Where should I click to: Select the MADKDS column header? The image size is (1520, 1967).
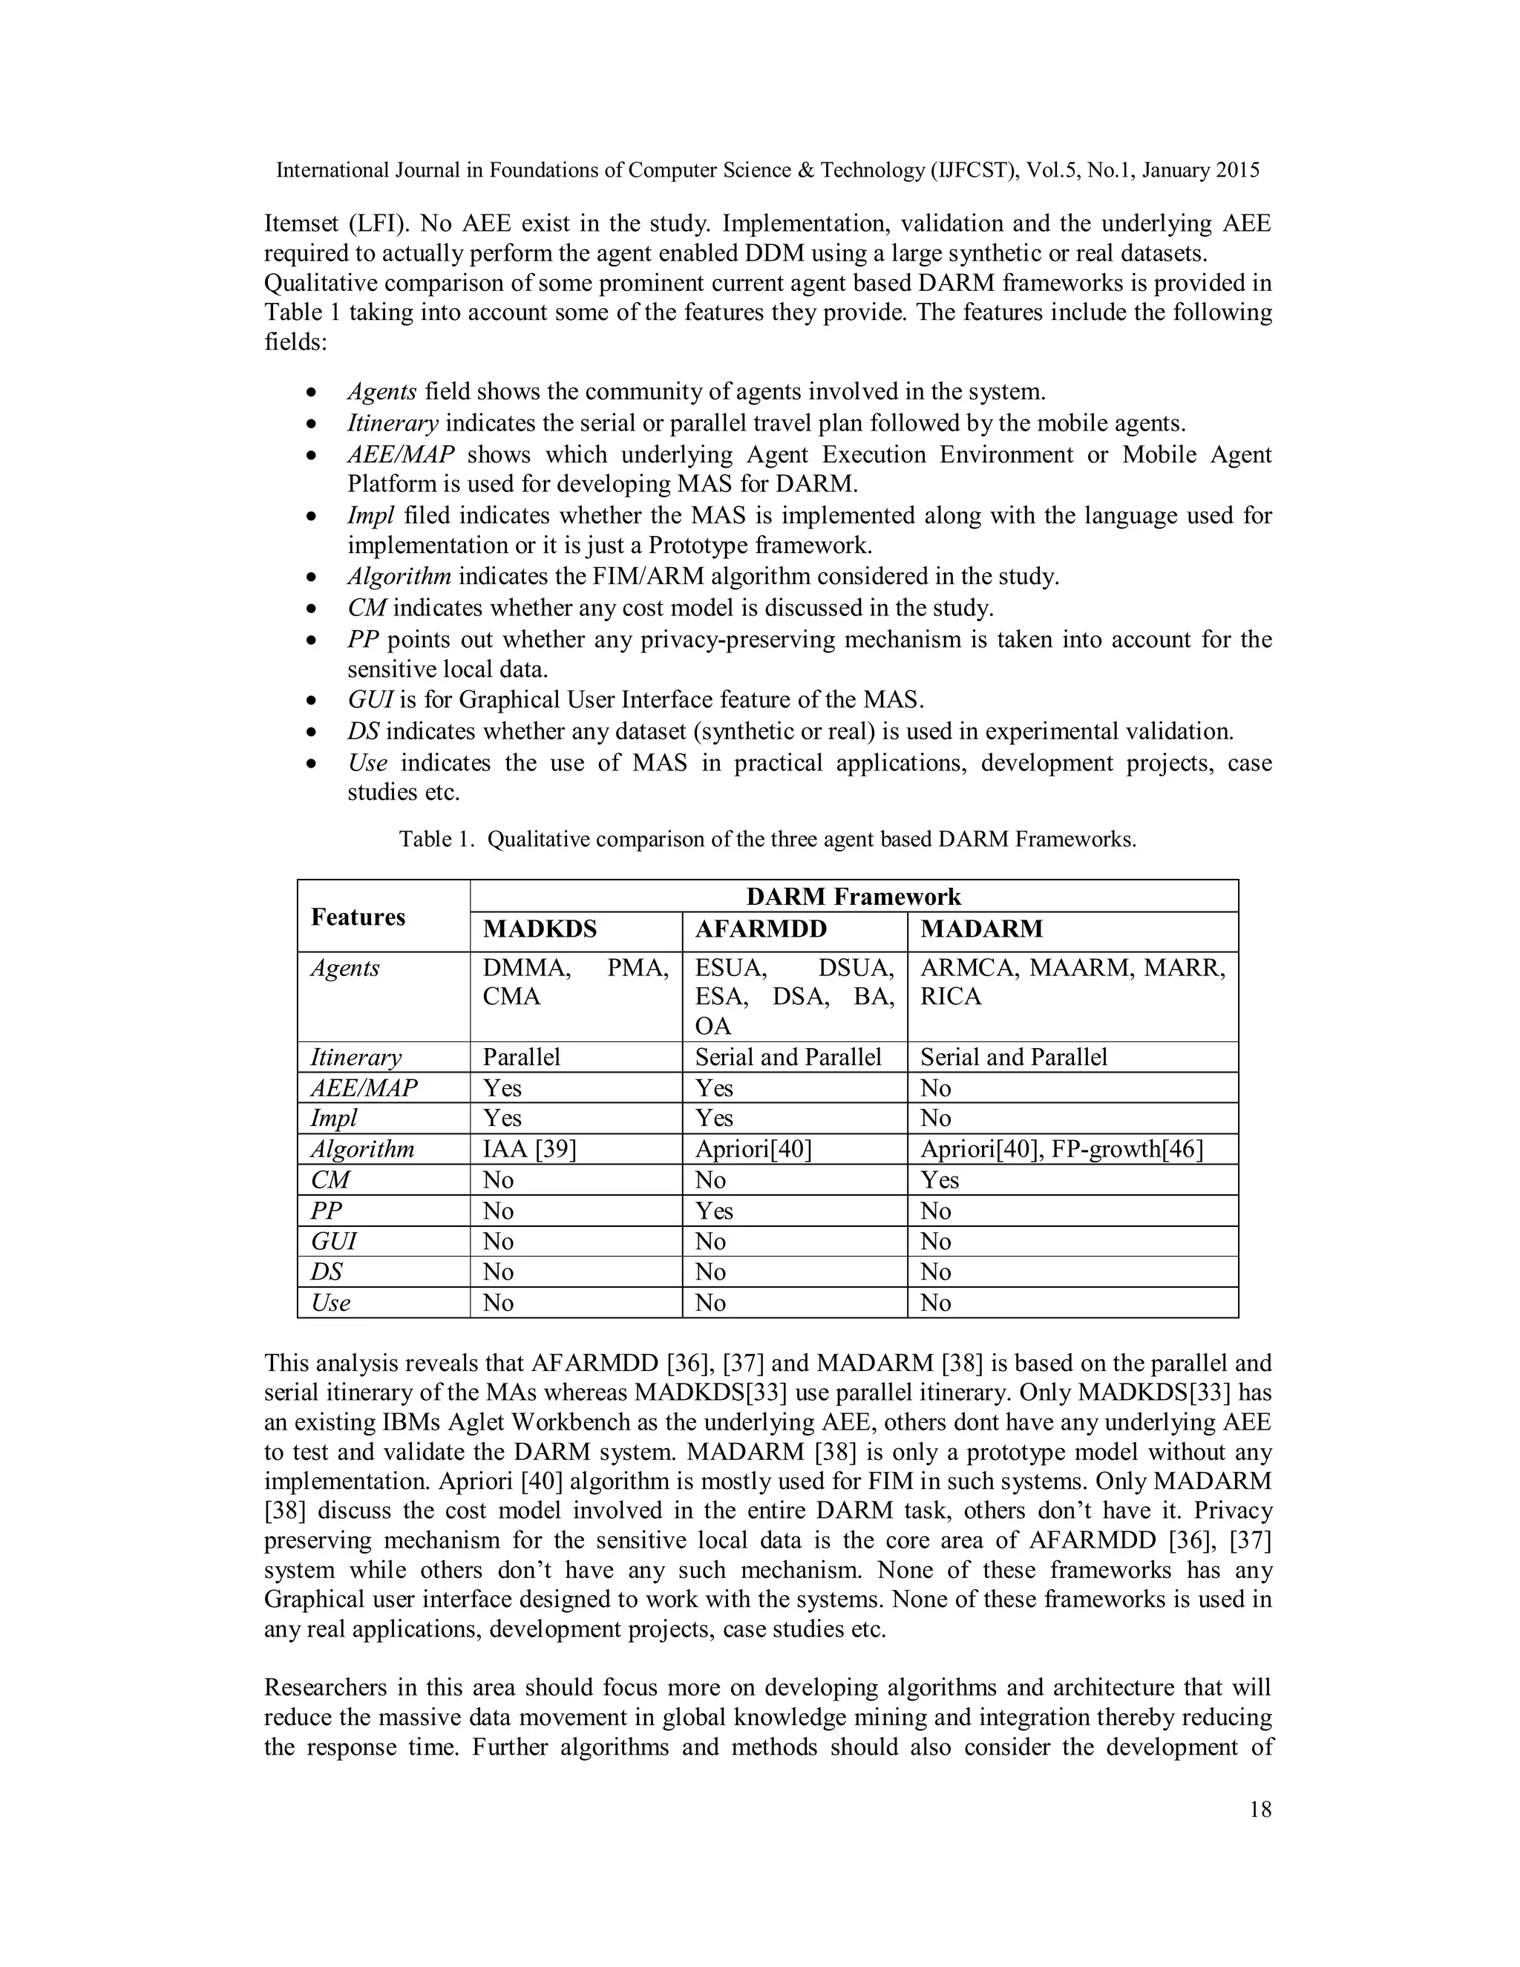pos(540,929)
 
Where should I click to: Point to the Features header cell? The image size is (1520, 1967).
pos(358,917)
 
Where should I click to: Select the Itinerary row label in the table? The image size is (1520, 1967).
pos(356,1056)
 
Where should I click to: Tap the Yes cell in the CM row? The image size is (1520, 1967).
pos(939,1180)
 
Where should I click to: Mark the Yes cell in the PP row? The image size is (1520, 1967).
pos(714,1211)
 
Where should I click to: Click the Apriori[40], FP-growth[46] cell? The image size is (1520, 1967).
pos(1061,1149)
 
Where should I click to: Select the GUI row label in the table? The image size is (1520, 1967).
pos(333,1241)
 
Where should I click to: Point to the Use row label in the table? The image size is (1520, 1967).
pos(330,1303)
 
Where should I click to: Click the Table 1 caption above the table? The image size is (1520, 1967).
pos(767,840)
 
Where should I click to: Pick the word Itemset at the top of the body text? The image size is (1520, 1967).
pos(301,223)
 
